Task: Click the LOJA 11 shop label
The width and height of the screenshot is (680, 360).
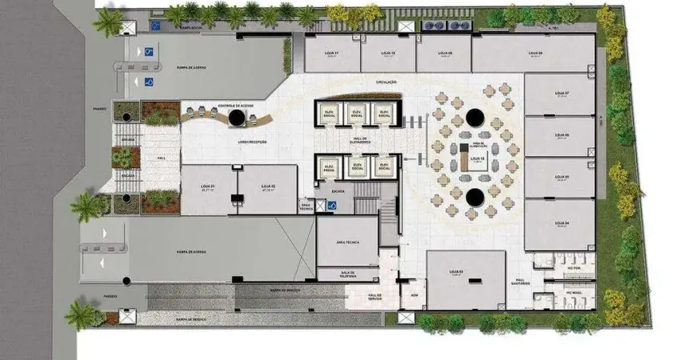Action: pos(331,53)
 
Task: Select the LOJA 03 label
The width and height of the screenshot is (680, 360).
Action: pos(455,272)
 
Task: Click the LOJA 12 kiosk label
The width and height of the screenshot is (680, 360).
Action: pos(477,158)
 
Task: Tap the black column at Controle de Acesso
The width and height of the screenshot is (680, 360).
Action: pos(237,118)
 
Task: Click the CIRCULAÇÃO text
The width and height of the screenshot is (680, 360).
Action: pos(386,82)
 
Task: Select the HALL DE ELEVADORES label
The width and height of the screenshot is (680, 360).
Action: pos(358,141)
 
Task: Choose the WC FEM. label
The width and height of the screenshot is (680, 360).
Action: pos(572,267)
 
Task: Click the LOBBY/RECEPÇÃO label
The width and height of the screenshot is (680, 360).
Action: pos(252,142)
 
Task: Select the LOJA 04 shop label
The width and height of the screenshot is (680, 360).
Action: pos(562,222)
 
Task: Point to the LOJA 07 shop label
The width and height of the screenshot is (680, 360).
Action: pos(562,93)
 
